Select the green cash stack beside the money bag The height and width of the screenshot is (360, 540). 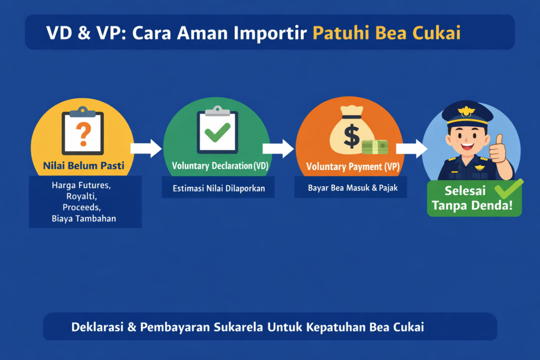[375, 147]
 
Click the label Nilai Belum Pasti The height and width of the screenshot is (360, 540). [83, 166]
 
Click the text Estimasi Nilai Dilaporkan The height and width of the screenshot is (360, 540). [218, 188]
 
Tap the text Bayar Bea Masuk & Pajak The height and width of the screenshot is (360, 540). [350, 188]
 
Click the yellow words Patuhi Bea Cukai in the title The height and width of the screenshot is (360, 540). [387, 33]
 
